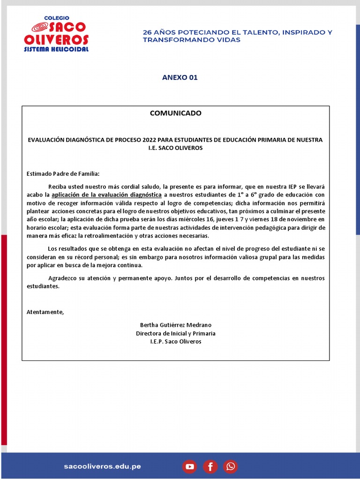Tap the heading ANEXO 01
click(180, 77)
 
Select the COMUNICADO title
click(175, 113)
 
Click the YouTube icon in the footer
click(189, 466)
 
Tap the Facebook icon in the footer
click(210, 466)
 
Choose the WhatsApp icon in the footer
click(231, 466)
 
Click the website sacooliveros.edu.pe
click(103, 466)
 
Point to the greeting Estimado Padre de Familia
click(63, 174)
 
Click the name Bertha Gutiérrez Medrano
click(176, 325)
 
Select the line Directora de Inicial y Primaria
click(176, 333)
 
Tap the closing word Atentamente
click(45, 312)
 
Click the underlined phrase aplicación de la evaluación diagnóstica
click(106, 195)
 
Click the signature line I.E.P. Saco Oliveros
click(176, 342)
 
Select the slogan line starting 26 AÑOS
click(237, 32)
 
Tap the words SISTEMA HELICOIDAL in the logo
click(56, 49)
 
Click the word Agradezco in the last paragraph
click(63, 278)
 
